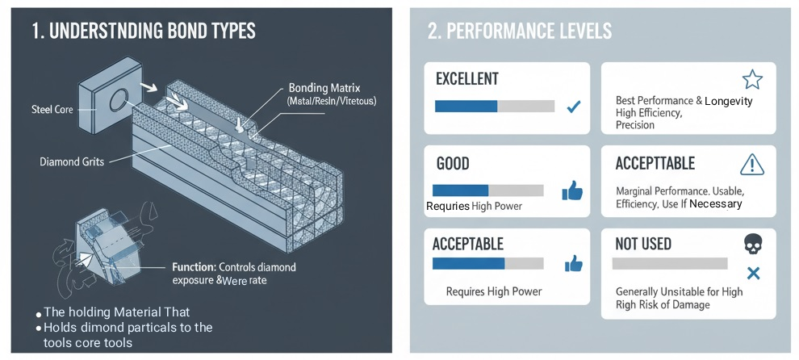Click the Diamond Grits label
click(71, 161)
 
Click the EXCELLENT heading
click(466, 79)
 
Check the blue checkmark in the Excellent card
click(574, 106)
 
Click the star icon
click(751, 79)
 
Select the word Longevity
click(728, 101)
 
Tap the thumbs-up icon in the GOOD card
click(572, 190)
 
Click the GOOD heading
click(452, 164)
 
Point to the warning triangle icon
click(751, 165)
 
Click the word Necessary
click(715, 204)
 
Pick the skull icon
click(753, 244)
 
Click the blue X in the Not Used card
click(753, 273)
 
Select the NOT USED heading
click(643, 244)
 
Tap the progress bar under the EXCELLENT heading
click(494, 106)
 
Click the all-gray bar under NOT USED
click(670, 264)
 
